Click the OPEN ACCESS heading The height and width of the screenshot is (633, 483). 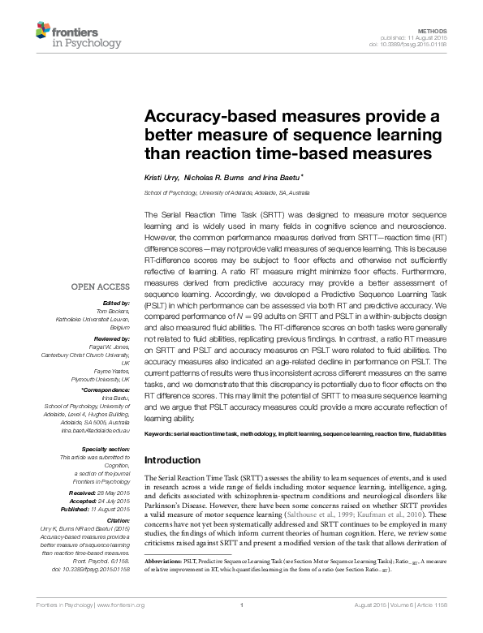[101, 287]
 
